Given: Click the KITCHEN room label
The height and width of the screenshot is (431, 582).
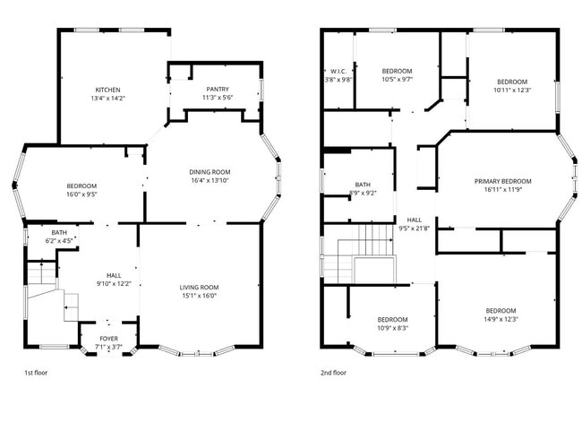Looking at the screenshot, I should (x=107, y=90).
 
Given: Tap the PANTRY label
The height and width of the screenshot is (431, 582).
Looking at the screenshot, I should (x=218, y=89).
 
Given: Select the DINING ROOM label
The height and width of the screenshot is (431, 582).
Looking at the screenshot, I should (x=210, y=172).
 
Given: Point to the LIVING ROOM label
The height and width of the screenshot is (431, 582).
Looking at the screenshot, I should (x=199, y=287).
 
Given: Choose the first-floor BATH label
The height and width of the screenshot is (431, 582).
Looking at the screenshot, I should (x=58, y=233).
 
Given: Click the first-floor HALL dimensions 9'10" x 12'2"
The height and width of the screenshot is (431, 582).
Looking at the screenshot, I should (x=114, y=283).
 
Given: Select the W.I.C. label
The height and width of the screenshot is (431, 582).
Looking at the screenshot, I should (x=338, y=71).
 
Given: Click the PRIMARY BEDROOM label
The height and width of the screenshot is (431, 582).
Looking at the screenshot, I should (x=502, y=180).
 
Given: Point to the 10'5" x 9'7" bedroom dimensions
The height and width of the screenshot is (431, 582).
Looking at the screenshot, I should (x=397, y=79).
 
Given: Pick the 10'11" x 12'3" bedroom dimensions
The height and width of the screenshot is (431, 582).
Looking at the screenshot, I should (x=512, y=89).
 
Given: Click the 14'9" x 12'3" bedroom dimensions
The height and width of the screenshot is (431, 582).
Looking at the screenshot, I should (x=501, y=319).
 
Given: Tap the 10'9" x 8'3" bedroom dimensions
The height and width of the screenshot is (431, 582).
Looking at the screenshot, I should (x=392, y=328).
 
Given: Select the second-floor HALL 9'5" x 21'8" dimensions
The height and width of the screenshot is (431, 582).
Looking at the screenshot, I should (x=415, y=228).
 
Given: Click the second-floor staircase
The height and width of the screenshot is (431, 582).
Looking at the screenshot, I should (x=351, y=253).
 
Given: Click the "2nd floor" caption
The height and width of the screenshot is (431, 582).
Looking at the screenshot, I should (x=333, y=372).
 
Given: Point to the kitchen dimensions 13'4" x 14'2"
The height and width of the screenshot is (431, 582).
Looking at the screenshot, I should (x=107, y=98).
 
